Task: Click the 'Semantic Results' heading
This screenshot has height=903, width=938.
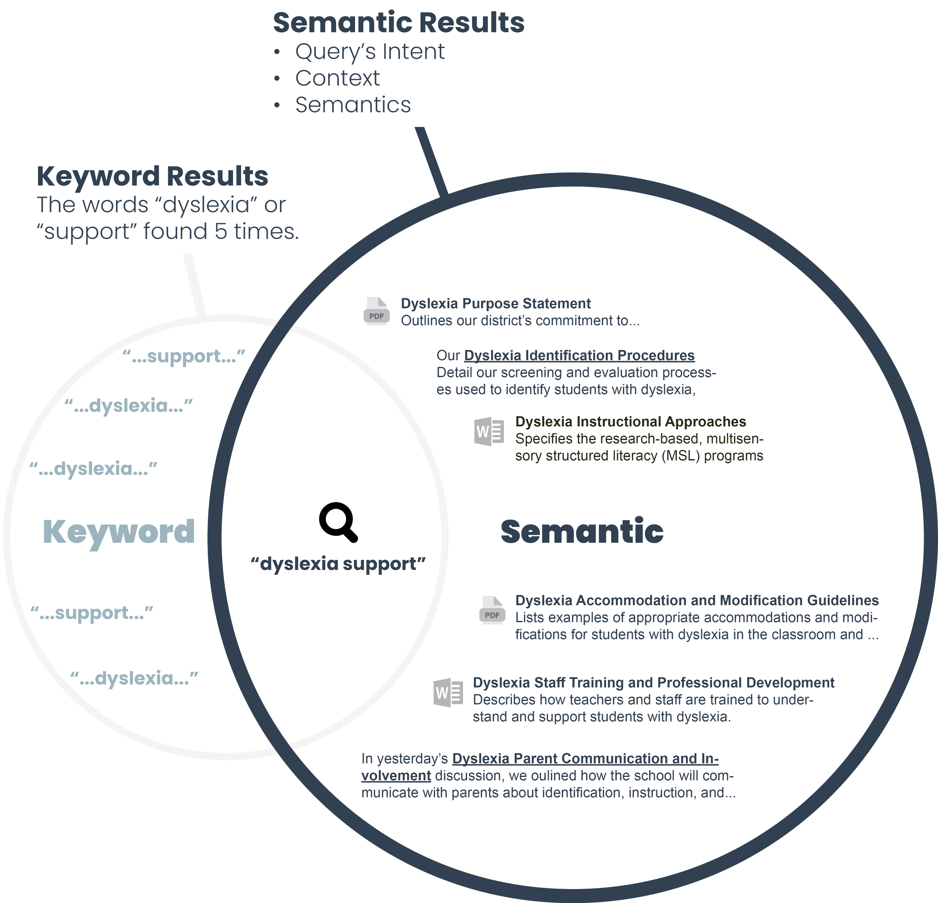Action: coord(398,23)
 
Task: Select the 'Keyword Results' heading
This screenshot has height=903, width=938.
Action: coord(152,176)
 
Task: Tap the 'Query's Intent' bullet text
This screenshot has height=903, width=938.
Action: coord(370,52)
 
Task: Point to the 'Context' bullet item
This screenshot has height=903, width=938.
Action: coord(337,78)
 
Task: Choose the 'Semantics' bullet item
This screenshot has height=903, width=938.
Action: coord(353,105)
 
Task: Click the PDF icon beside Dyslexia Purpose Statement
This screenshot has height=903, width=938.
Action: coord(377,311)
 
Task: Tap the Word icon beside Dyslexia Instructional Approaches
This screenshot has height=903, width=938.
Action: coord(489,432)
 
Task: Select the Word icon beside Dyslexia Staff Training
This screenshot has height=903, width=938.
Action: coord(448,692)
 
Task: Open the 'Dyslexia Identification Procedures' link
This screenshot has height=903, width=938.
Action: coord(579,355)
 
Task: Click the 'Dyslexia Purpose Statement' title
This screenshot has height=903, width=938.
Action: coord(495,304)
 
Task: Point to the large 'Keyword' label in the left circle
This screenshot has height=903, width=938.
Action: coord(119,531)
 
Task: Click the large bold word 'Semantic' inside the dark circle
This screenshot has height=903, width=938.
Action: coord(582,531)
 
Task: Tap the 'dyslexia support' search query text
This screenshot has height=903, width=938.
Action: coord(339,564)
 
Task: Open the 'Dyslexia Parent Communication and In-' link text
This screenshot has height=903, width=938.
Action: coord(585,759)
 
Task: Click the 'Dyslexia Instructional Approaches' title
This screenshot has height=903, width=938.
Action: coord(630,421)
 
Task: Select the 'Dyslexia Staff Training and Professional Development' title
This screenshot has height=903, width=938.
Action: coord(653,682)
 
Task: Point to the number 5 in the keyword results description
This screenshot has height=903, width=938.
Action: coord(221,232)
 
